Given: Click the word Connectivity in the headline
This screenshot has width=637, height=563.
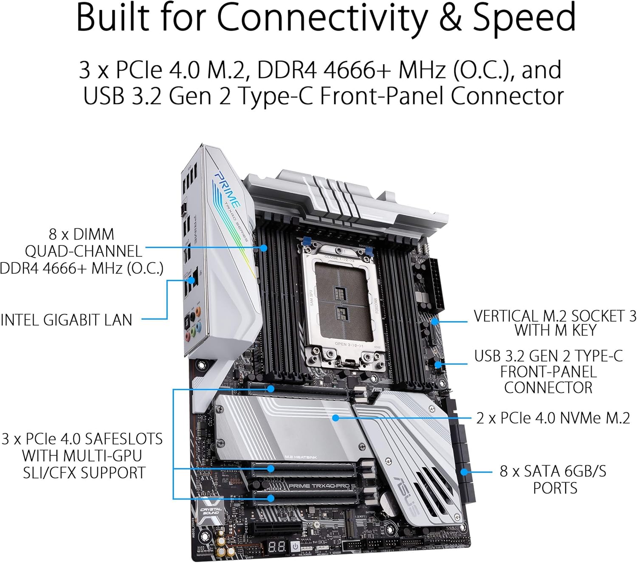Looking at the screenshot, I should tap(323, 18).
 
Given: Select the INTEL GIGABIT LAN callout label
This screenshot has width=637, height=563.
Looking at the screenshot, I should tap(66, 320).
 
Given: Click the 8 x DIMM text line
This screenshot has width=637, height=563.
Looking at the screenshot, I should tap(82, 234).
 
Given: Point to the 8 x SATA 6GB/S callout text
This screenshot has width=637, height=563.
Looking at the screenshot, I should tap(553, 471).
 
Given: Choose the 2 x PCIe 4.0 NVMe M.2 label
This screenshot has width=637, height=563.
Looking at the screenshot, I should tap(553, 418).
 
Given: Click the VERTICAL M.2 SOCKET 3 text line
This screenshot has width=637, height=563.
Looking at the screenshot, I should tap(555, 316).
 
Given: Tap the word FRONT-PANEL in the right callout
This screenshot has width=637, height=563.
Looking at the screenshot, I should tap(548, 372).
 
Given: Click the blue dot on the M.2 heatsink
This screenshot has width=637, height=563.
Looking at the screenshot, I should tap(335, 418).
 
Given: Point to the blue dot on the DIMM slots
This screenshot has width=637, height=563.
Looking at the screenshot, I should tap(264, 248).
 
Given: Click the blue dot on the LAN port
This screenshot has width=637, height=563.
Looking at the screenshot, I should tap(192, 280).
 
